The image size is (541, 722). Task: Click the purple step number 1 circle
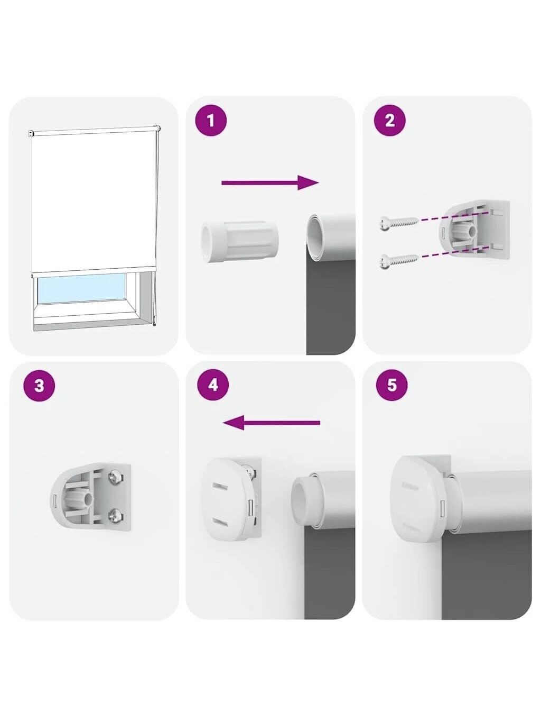(211, 121)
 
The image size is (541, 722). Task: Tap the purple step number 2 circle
(390, 121)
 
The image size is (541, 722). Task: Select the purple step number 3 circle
(39, 385)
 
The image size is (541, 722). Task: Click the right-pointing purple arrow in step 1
(270, 182)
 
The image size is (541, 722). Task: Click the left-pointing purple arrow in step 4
(272, 423)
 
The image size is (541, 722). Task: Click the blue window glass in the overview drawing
(82, 288)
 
